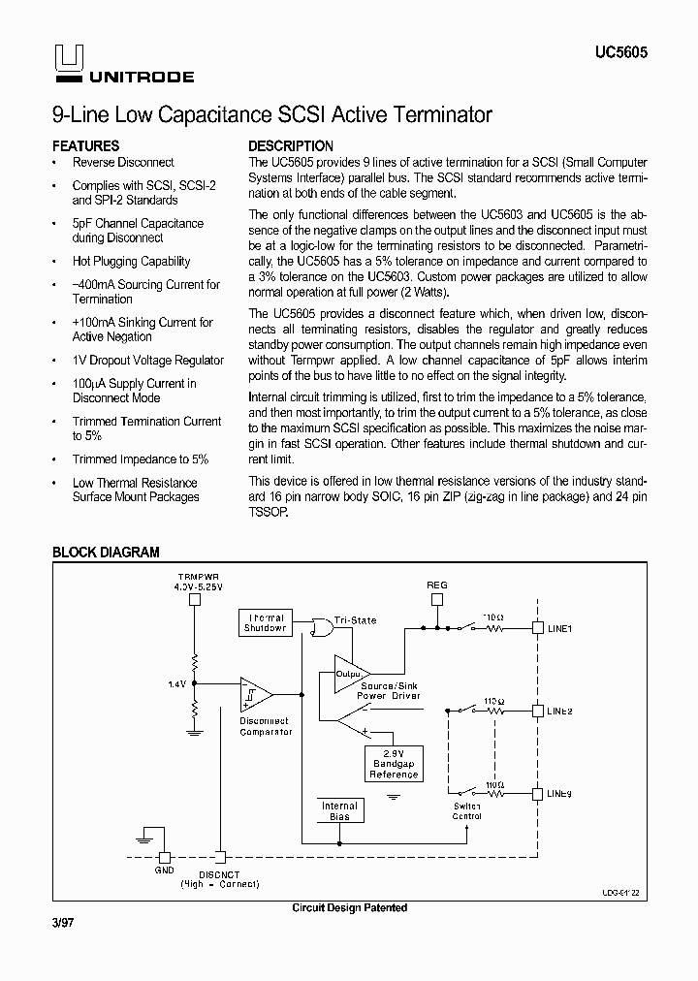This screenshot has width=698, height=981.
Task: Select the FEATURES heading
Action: (x=85, y=146)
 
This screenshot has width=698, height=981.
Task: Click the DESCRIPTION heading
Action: (x=291, y=146)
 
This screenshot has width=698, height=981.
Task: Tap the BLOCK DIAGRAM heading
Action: (x=106, y=553)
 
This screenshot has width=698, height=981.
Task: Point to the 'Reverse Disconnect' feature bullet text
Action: (x=123, y=163)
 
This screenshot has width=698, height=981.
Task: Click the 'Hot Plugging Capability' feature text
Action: (x=131, y=262)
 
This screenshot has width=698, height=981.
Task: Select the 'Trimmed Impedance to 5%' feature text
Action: (x=141, y=459)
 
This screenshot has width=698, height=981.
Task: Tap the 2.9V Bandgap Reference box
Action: (x=393, y=763)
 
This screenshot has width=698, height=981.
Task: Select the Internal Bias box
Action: (x=339, y=811)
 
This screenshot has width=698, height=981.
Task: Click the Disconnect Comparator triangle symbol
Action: (x=255, y=694)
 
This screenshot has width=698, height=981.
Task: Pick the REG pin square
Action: (x=437, y=599)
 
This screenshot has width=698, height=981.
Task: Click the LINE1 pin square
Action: (x=536, y=628)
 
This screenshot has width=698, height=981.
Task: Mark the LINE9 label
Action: (x=559, y=793)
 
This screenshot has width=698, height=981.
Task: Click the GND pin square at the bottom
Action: (x=164, y=857)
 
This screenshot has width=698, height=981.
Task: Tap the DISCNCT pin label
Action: (x=220, y=873)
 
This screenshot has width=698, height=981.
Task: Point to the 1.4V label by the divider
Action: (x=175, y=683)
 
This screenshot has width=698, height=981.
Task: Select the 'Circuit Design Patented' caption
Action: (x=349, y=908)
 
